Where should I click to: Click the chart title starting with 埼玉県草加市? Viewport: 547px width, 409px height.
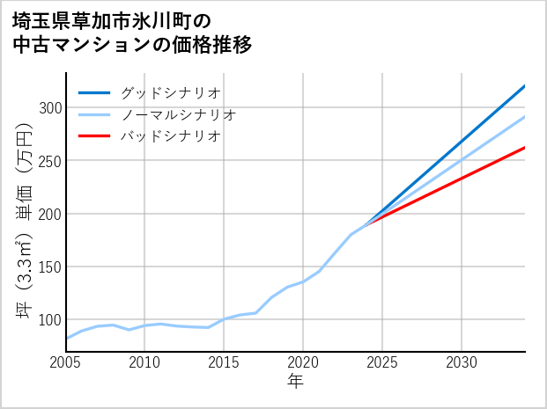(x=132, y=33)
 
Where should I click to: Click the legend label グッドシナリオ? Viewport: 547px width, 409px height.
(x=170, y=92)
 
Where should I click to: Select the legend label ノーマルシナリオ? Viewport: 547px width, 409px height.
(x=178, y=114)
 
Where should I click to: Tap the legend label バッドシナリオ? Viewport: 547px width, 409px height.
(x=170, y=136)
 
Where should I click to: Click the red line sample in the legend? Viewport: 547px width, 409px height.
(x=94, y=136)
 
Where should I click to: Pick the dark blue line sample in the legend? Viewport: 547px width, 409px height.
(x=94, y=92)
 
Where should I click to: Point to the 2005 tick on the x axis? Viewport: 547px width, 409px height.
(x=66, y=362)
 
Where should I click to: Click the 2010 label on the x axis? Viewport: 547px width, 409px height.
(x=145, y=362)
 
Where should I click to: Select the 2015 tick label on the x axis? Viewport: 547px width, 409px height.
(x=225, y=362)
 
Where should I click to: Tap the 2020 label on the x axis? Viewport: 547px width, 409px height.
(x=303, y=362)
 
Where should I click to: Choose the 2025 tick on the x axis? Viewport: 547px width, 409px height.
(x=382, y=362)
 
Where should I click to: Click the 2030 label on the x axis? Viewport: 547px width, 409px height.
(x=462, y=362)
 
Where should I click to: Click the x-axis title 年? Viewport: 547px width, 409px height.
(x=296, y=382)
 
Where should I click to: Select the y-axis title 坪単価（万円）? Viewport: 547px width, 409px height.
(x=24, y=221)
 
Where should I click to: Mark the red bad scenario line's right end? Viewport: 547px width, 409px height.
(x=524, y=148)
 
